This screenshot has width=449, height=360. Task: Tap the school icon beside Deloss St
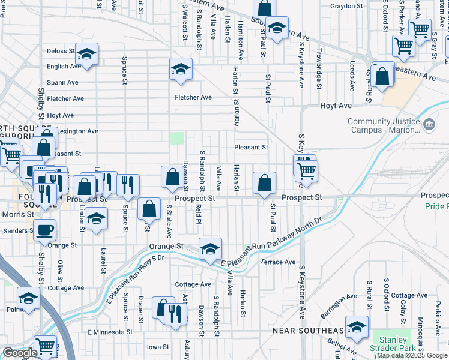86,55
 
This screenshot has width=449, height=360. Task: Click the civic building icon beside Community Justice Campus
429,125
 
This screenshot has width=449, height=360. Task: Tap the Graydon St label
347,6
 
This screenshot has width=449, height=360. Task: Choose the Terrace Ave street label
277,262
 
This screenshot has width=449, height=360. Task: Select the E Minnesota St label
110,332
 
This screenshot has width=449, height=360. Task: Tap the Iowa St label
158,347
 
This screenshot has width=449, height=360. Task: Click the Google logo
20,353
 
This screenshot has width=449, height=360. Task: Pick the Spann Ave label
63,82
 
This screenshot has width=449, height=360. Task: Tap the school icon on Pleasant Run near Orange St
210,249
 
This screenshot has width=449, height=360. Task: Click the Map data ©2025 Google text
411,355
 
